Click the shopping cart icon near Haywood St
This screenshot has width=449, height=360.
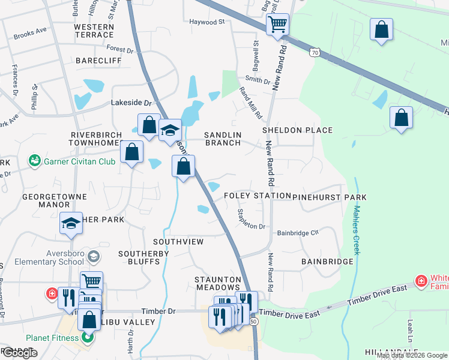pyautogui.click(x=277, y=25)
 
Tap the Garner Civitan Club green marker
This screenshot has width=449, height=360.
pyautogui.click(x=35, y=161)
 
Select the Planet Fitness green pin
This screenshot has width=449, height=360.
pyautogui.click(x=88, y=337)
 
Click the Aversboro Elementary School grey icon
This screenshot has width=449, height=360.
pyautogui.click(x=93, y=257)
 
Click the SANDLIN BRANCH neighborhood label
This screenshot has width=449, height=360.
pyautogui.click(x=223, y=139)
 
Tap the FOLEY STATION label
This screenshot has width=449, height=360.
pyautogui.click(x=257, y=196)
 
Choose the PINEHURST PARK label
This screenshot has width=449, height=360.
pyautogui.click(x=330, y=197)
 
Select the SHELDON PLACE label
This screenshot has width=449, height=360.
pyautogui.click(x=298, y=130)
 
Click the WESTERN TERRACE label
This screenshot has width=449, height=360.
pyautogui.click(x=94, y=31)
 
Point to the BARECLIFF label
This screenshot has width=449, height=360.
pyautogui.click(x=98, y=61)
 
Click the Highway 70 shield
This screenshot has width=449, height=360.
pyautogui.click(x=315, y=53)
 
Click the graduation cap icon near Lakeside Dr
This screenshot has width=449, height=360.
pyautogui.click(x=170, y=130)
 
